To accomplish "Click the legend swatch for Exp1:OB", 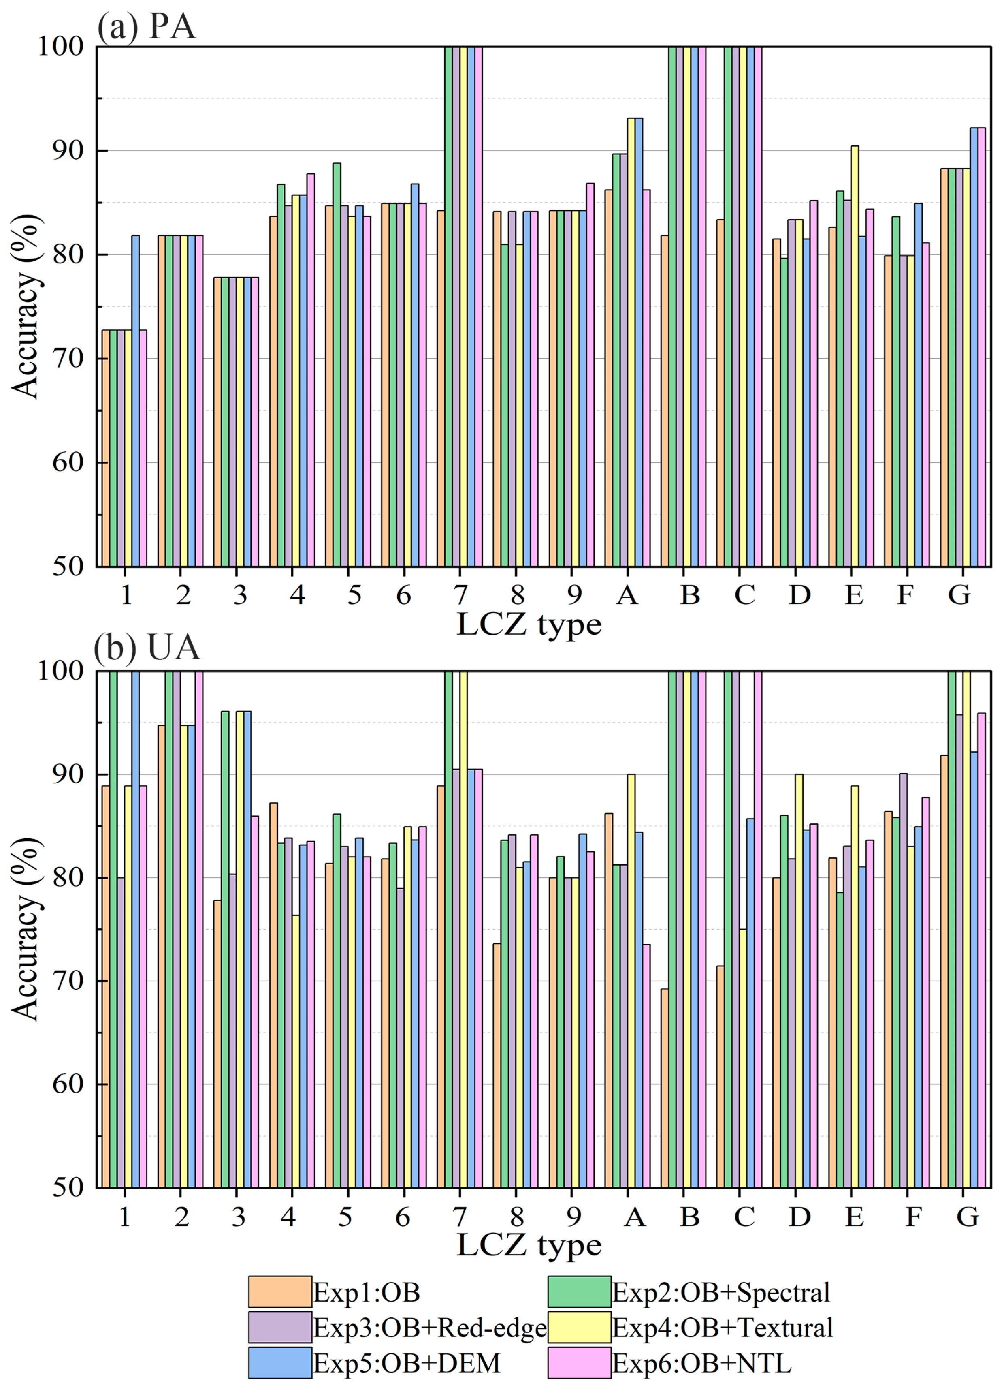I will pyautogui.click(x=279, y=1291).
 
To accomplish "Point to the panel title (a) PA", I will pyautogui.click(x=146, y=27).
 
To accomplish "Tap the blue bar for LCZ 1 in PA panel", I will pyautogui.click(x=135, y=400).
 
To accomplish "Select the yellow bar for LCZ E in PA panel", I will pyautogui.click(x=854, y=357).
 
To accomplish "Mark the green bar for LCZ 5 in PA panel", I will pyautogui.click(x=337, y=363).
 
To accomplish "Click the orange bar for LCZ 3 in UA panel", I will pyautogui.click(x=217, y=1045).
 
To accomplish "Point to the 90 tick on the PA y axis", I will pyautogui.click(x=68, y=151).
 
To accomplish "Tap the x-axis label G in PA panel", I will pyautogui.click(x=959, y=594).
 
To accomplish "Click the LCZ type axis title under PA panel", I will pyautogui.click(x=529, y=624).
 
